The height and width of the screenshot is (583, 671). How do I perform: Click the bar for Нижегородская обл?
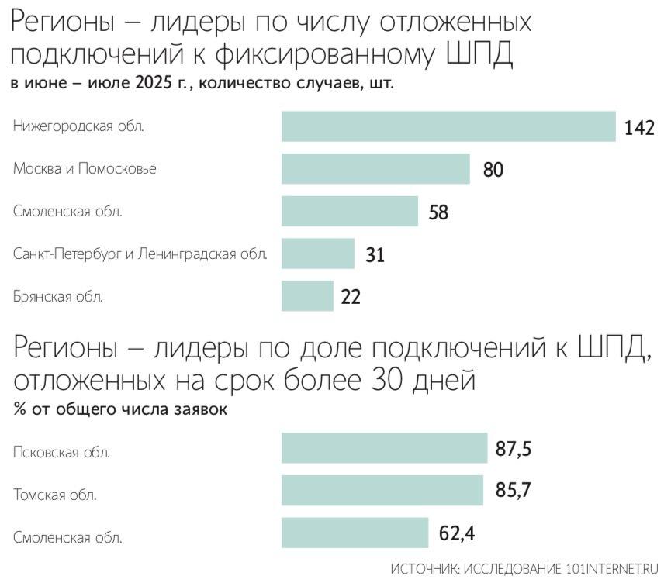tap(448, 126)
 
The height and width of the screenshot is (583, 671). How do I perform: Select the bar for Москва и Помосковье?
tap(375, 168)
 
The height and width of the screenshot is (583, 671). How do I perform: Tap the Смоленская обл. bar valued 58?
tap(350, 211)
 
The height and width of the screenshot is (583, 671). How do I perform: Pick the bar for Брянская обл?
tap(307, 295)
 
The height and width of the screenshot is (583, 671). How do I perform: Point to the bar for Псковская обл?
tap(384, 448)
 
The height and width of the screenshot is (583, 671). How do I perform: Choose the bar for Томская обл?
tap(382, 491)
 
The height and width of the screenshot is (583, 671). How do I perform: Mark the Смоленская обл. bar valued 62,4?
tap(355, 533)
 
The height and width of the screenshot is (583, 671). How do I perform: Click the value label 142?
tap(640, 128)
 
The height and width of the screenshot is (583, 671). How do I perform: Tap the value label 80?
tap(493, 170)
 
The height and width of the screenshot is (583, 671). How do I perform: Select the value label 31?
tap(375, 254)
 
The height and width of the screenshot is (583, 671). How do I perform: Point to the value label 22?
tap(351, 297)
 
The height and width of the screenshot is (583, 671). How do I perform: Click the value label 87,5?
tap(516, 449)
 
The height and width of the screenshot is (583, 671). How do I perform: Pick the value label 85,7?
tap(514, 492)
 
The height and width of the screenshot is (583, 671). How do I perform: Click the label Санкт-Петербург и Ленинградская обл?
tap(140, 254)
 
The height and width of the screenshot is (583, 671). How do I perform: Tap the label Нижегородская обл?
tap(78, 126)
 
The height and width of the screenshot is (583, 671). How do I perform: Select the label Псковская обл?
tap(61, 452)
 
